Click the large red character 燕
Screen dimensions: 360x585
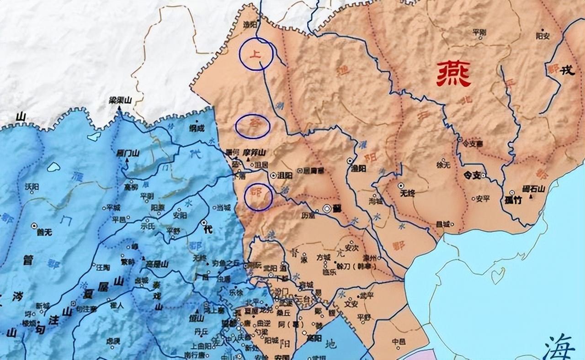coord(453,74)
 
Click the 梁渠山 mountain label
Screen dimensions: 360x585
coord(119,99)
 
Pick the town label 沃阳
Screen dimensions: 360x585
coord(32,186)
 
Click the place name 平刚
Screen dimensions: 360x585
coord(479,32)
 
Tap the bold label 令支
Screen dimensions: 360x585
coord(473,175)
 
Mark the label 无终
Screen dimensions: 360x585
coord(407,193)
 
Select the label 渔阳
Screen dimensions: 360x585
coord(359,168)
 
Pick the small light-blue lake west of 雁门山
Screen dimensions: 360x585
coord(53,167)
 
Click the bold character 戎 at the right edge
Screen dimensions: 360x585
coord(567,70)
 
